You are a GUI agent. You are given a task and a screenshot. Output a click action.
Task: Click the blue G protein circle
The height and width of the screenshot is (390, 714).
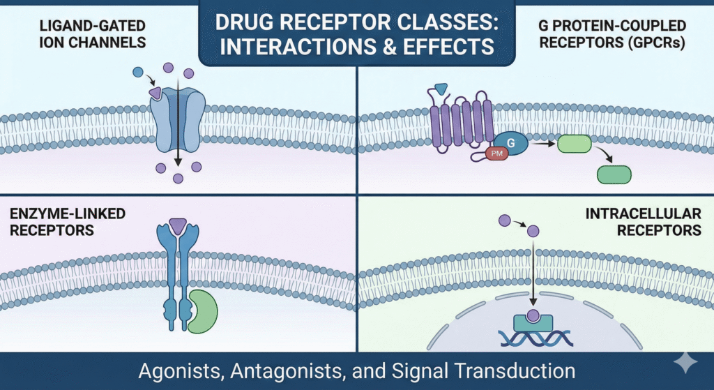[x=512, y=143]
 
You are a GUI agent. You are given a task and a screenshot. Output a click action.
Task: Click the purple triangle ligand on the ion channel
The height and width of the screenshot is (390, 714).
[x=155, y=92]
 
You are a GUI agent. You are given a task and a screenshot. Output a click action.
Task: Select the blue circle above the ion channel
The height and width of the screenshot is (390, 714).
[x=138, y=71]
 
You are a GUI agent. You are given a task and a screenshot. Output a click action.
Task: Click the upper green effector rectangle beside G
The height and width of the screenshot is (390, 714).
[x=572, y=144]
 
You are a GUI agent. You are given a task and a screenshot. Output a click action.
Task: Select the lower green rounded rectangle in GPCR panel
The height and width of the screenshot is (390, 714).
[x=614, y=174]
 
